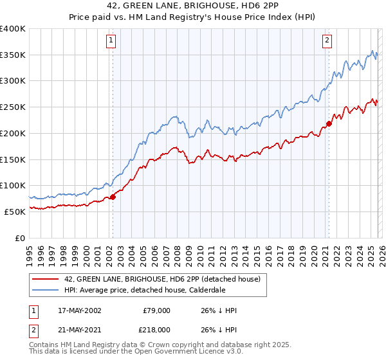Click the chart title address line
tap(193, 7)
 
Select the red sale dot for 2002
tap(113, 197)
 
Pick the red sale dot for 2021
tap(329, 123)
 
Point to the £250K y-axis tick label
tap(13, 107)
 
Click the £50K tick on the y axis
tap(15, 212)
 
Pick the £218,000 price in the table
tap(154, 329)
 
